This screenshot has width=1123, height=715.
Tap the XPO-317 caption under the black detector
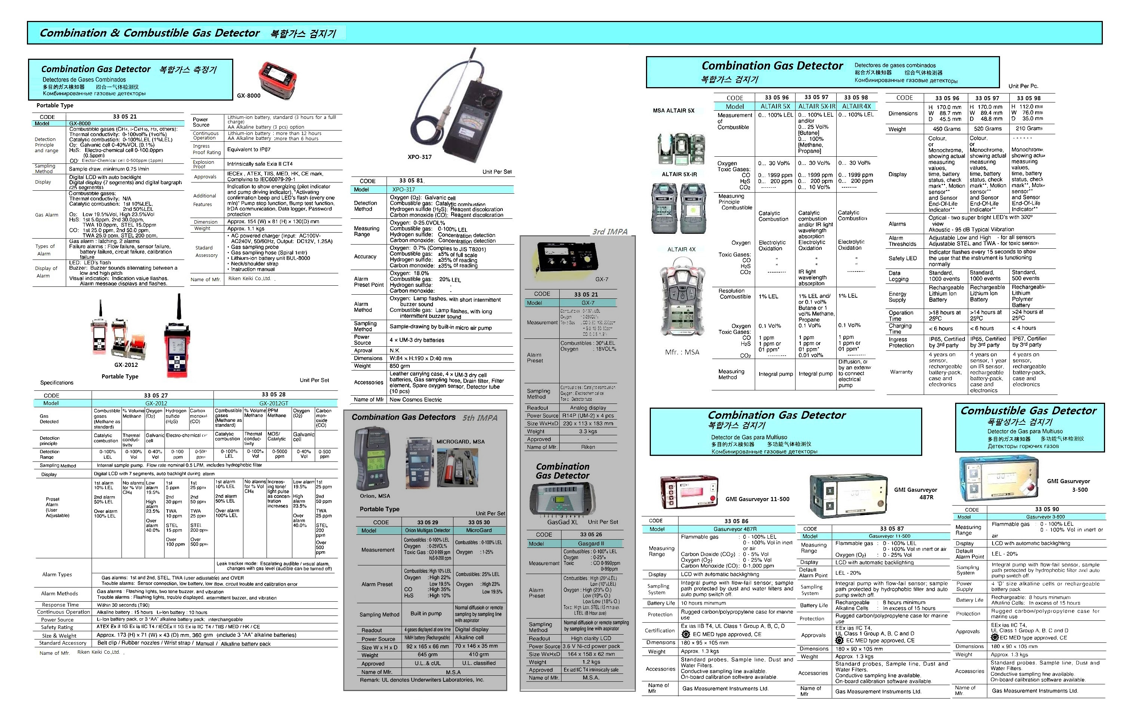(x=419, y=157)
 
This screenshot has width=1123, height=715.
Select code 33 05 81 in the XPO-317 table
(x=411, y=181)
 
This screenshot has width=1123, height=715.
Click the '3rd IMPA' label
(x=609, y=232)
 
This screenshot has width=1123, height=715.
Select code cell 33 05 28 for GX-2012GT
(x=273, y=395)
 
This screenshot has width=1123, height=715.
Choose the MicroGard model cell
(x=479, y=530)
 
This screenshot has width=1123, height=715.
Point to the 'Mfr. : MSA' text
(x=682, y=352)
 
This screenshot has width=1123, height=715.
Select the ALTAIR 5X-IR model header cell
(x=816, y=106)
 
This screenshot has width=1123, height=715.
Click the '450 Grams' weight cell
(x=946, y=129)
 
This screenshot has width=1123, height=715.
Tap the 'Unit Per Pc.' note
(x=1023, y=86)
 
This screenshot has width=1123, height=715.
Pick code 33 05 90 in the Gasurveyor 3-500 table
(x=1046, y=509)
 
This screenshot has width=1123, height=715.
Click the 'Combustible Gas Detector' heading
(x=1028, y=411)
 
